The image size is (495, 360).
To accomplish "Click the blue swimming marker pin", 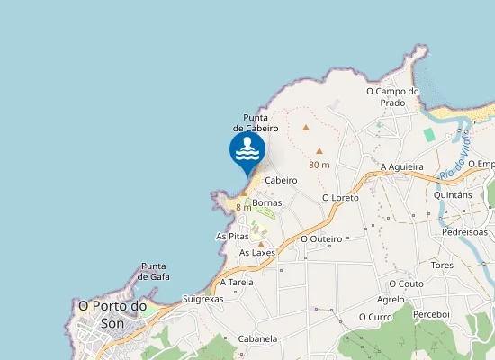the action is pyautogui.click(x=247, y=151).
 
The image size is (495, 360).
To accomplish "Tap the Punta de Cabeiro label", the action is pyautogui.click(x=256, y=122).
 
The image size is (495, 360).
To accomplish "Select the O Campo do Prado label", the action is pyautogui.click(x=393, y=96).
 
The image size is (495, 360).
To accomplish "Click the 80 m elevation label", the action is pyautogui.click(x=319, y=165).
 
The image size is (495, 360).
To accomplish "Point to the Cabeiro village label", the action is pyautogui.click(x=281, y=180).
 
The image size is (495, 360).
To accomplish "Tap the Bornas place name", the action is pyautogui.click(x=267, y=202).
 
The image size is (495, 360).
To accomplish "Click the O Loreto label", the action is pyautogui.click(x=340, y=197).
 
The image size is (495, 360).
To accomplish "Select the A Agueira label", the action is pyautogui.click(x=401, y=166).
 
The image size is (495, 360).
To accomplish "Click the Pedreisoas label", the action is pyautogui.click(x=464, y=231).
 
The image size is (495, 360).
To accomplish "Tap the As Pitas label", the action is pyautogui.click(x=232, y=236).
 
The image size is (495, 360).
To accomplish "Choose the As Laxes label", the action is pyautogui.click(x=257, y=253).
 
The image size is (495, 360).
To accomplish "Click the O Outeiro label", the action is pyautogui.click(x=322, y=238).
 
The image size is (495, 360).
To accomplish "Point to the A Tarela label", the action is pyautogui.click(x=237, y=282).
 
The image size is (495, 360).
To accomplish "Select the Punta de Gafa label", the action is pyautogui.click(x=155, y=271).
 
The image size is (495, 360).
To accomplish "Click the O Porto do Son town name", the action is pyautogui.click(x=112, y=313).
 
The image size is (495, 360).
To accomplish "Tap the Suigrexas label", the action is pyautogui.click(x=202, y=298).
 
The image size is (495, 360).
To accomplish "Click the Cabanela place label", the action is pyautogui.click(x=257, y=339).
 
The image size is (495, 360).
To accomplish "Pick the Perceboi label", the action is pyautogui.click(x=431, y=313).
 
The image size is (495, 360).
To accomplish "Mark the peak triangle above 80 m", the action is pyautogui.click(x=319, y=151).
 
